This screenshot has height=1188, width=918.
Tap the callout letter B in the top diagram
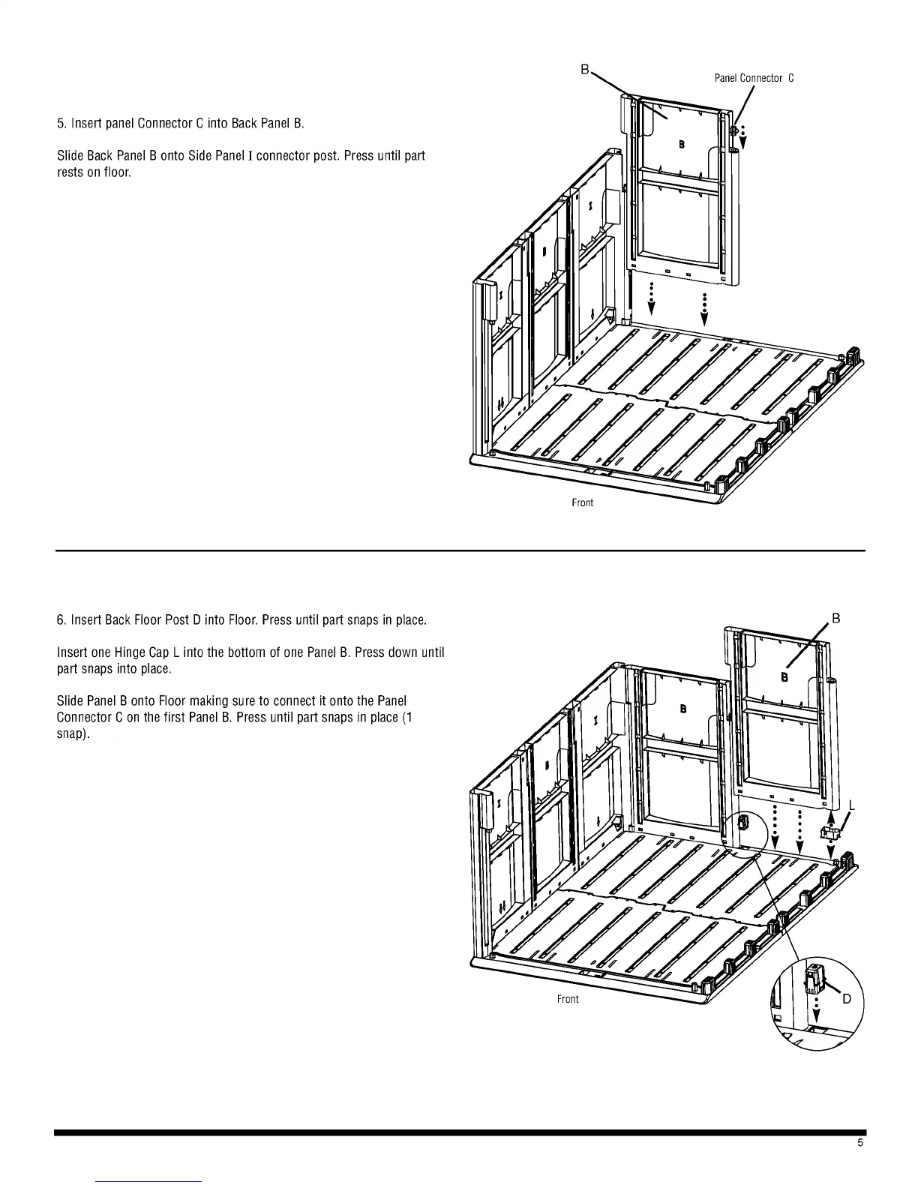point(584,70)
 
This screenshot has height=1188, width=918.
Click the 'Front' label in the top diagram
point(582,502)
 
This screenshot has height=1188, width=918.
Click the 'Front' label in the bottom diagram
point(568,999)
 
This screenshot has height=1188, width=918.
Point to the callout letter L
point(852,806)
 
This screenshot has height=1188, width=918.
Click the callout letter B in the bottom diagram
point(836,619)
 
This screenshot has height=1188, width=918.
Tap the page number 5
point(860,1143)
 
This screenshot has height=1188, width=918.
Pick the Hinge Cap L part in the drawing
point(830,832)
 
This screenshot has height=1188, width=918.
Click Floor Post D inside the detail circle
point(814,979)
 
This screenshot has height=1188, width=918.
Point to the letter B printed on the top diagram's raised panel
point(681,143)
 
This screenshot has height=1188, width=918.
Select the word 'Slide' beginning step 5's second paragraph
point(70,156)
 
